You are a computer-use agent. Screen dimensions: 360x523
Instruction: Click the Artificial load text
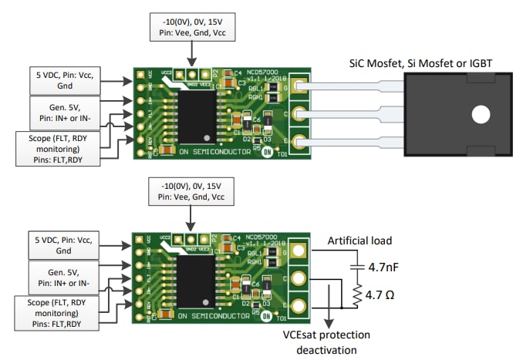pos(366,241)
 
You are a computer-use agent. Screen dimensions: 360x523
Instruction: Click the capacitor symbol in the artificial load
pos(356,267)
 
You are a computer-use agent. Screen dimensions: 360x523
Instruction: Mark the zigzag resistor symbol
pos(356,294)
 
